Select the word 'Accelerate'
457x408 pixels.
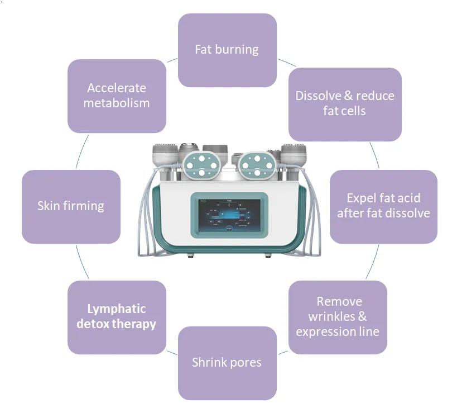[x=117, y=88]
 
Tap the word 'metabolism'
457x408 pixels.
[x=117, y=103]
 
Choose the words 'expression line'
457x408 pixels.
[x=338, y=331]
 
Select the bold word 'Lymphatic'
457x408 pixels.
[x=117, y=309]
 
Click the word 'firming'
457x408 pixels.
[x=84, y=206]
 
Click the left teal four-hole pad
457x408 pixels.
[x=196, y=164]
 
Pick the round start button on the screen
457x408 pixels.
[x=228, y=229]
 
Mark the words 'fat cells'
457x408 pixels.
[x=344, y=111]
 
